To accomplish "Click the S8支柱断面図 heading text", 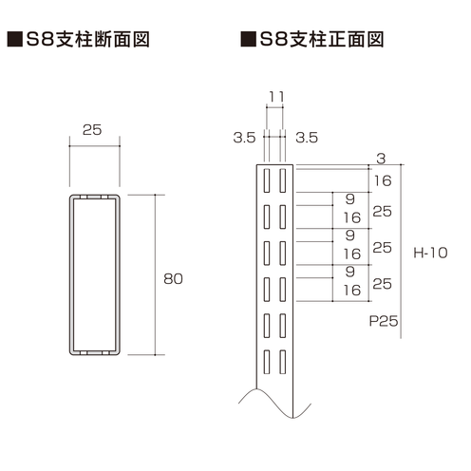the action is [x=87, y=39].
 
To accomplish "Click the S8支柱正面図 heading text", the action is [x=322, y=39].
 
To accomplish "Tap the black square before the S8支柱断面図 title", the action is [x=15, y=39].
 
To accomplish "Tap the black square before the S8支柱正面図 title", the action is [x=249, y=39].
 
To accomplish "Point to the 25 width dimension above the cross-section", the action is [x=92, y=130].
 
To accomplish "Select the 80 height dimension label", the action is [x=173, y=279].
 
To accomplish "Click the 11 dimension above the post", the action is [x=276, y=97].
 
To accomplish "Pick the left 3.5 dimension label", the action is [x=244, y=138].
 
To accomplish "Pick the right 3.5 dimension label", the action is [x=307, y=138].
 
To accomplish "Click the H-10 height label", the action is [x=430, y=253].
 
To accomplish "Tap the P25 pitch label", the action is [x=384, y=321].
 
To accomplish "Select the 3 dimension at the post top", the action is [x=381, y=159].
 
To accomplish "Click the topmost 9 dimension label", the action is [x=350, y=199].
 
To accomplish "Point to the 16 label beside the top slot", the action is [x=383, y=180].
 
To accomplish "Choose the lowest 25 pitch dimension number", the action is [x=383, y=284].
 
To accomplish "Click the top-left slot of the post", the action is [x=267, y=180].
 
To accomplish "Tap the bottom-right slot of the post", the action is [x=283, y=362].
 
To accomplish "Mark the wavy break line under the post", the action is [x=274, y=404].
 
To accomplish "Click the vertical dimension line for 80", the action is [x=155, y=274].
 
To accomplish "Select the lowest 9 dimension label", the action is [x=350, y=272].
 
